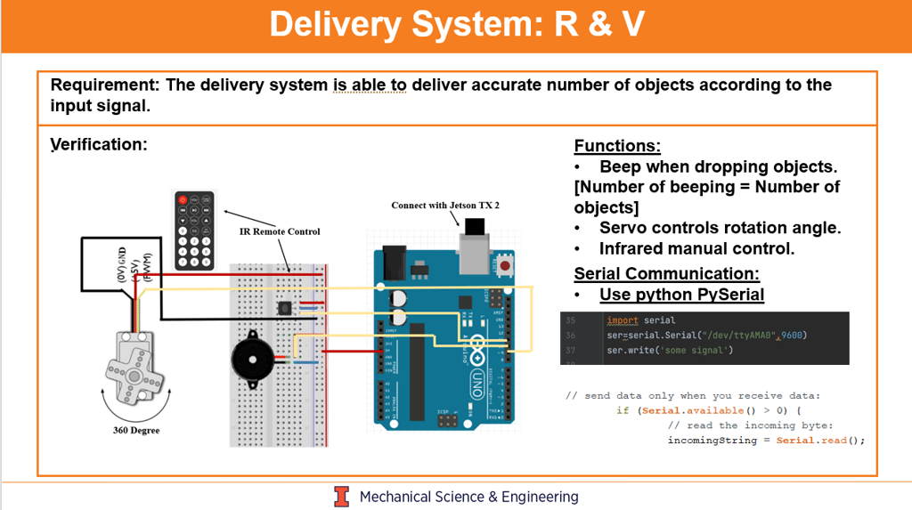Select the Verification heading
click(x=98, y=144)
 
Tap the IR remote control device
click(x=194, y=230)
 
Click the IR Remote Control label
click(x=280, y=231)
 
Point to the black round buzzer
click(x=253, y=360)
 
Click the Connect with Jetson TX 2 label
click(x=445, y=206)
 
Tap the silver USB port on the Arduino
click(x=474, y=247)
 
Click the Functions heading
click(x=617, y=146)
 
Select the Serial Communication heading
click(x=666, y=274)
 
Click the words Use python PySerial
click(x=681, y=295)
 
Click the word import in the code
click(x=622, y=320)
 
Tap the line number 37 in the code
click(x=571, y=350)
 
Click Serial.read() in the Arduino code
click(x=820, y=441)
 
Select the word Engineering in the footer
click(x=540, y=497)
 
